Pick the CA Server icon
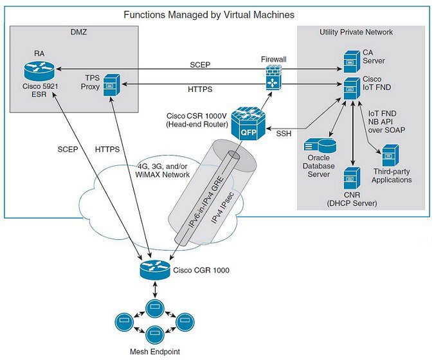[351, 61]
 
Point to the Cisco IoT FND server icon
[351, 88]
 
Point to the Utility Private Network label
[356, 32]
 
